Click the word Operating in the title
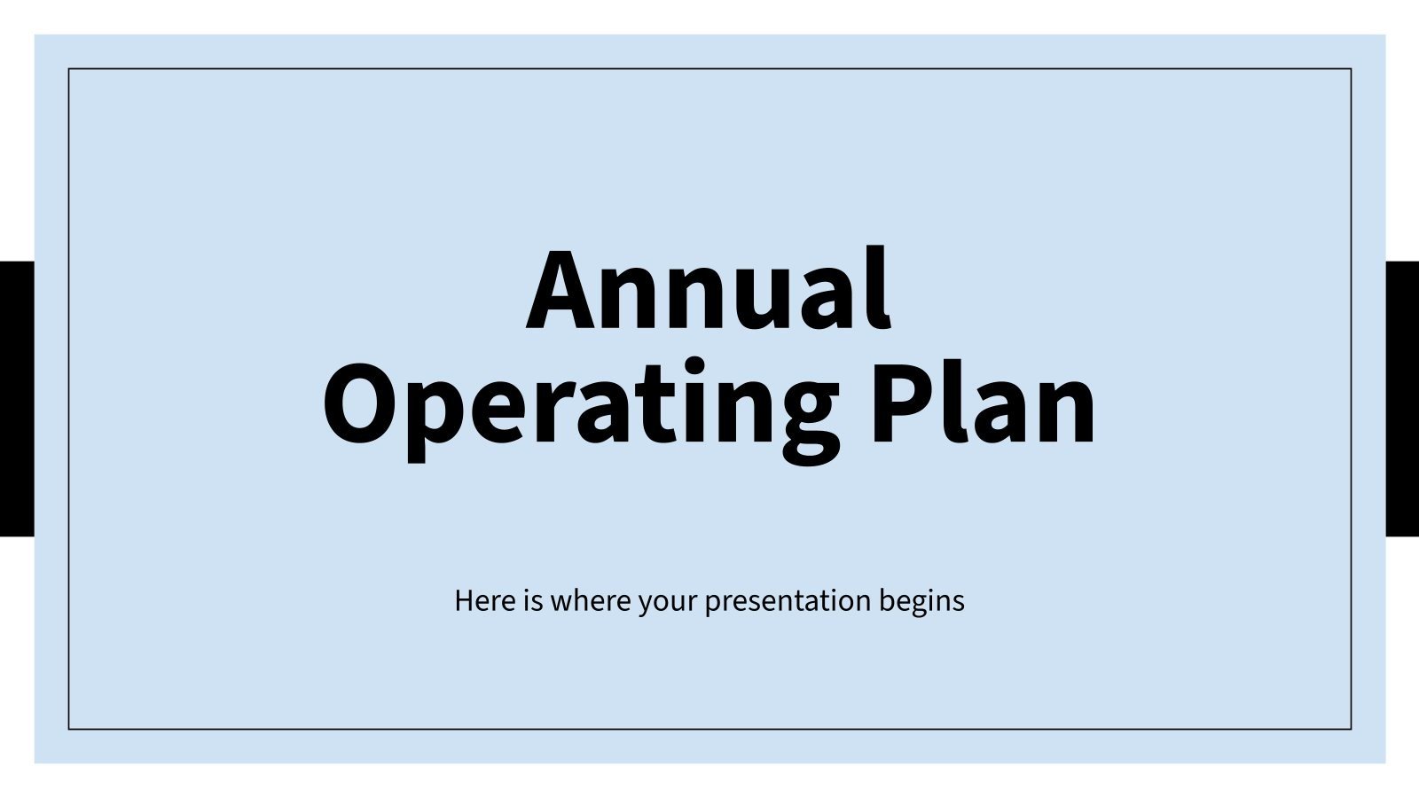[x=581, y=406]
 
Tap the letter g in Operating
[x=797, y=417]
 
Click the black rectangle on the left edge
[x=17, y=399]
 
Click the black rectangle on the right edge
[x=1402, y=399]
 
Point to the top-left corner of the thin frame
[x=69, y=69]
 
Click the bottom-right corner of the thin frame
[x=1351, y=729]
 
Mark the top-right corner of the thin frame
[x=1351, y=69]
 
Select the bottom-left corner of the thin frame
[x=69, y=729]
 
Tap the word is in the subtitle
[x=532, y=601]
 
